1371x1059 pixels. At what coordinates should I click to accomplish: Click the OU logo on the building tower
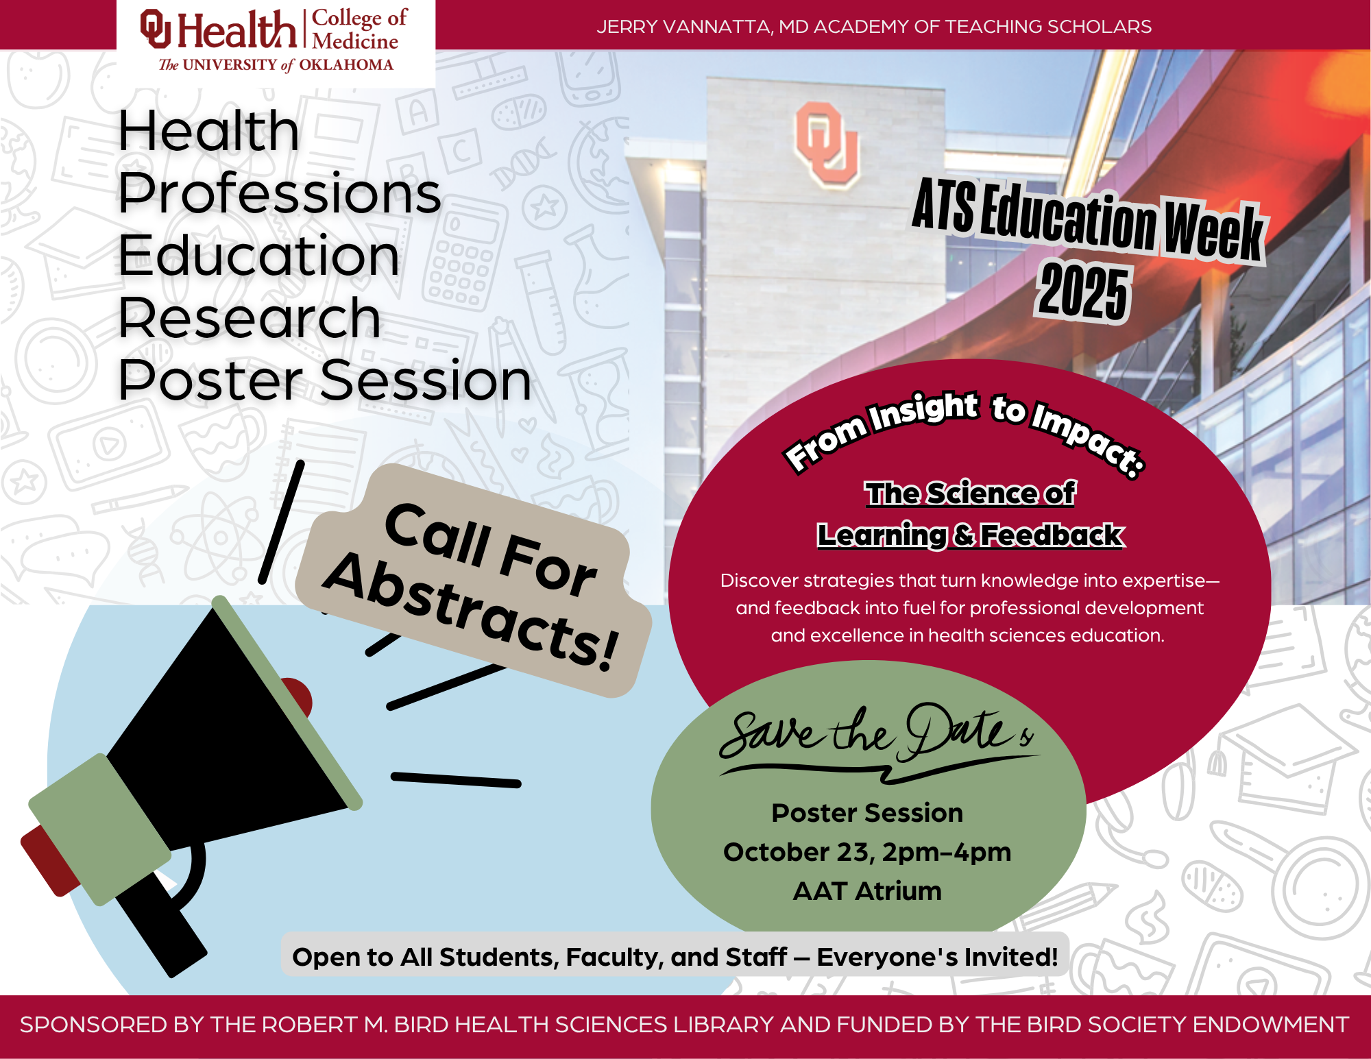(x=826, y=144)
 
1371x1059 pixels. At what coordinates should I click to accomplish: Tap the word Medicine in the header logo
(x=355, y=41)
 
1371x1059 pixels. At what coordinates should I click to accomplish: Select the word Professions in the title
(x=280, y=193)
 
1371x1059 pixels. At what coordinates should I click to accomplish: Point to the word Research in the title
(x=250, y=318)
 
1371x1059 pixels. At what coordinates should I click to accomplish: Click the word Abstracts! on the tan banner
(x=472, y=611)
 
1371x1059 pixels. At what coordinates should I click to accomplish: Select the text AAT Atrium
(x=867, y=891)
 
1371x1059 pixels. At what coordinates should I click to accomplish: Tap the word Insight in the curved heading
(x=923, y=411)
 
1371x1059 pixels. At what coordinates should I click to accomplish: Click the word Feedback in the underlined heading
(x=1052, y=535)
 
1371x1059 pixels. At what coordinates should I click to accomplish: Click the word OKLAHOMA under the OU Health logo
(x=346, y=65)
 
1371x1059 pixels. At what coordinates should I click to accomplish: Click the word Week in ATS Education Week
(x=1213, y=232)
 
